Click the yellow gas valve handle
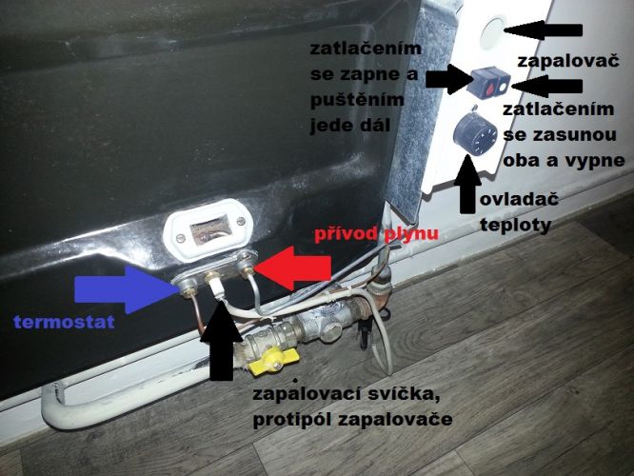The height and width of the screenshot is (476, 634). click(274, 363)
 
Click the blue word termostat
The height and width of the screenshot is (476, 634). click(64, 323)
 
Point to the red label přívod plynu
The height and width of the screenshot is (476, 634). click(376, 234)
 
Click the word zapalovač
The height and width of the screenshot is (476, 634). click(568, 62)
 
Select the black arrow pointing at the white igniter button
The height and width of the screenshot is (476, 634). click(543, 30)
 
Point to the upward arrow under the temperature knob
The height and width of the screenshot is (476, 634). click(467, 183)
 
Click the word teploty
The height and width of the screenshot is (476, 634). click(516, 226)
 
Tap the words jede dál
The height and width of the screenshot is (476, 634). click(350, 126)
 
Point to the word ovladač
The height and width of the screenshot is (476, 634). click(519, 200)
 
